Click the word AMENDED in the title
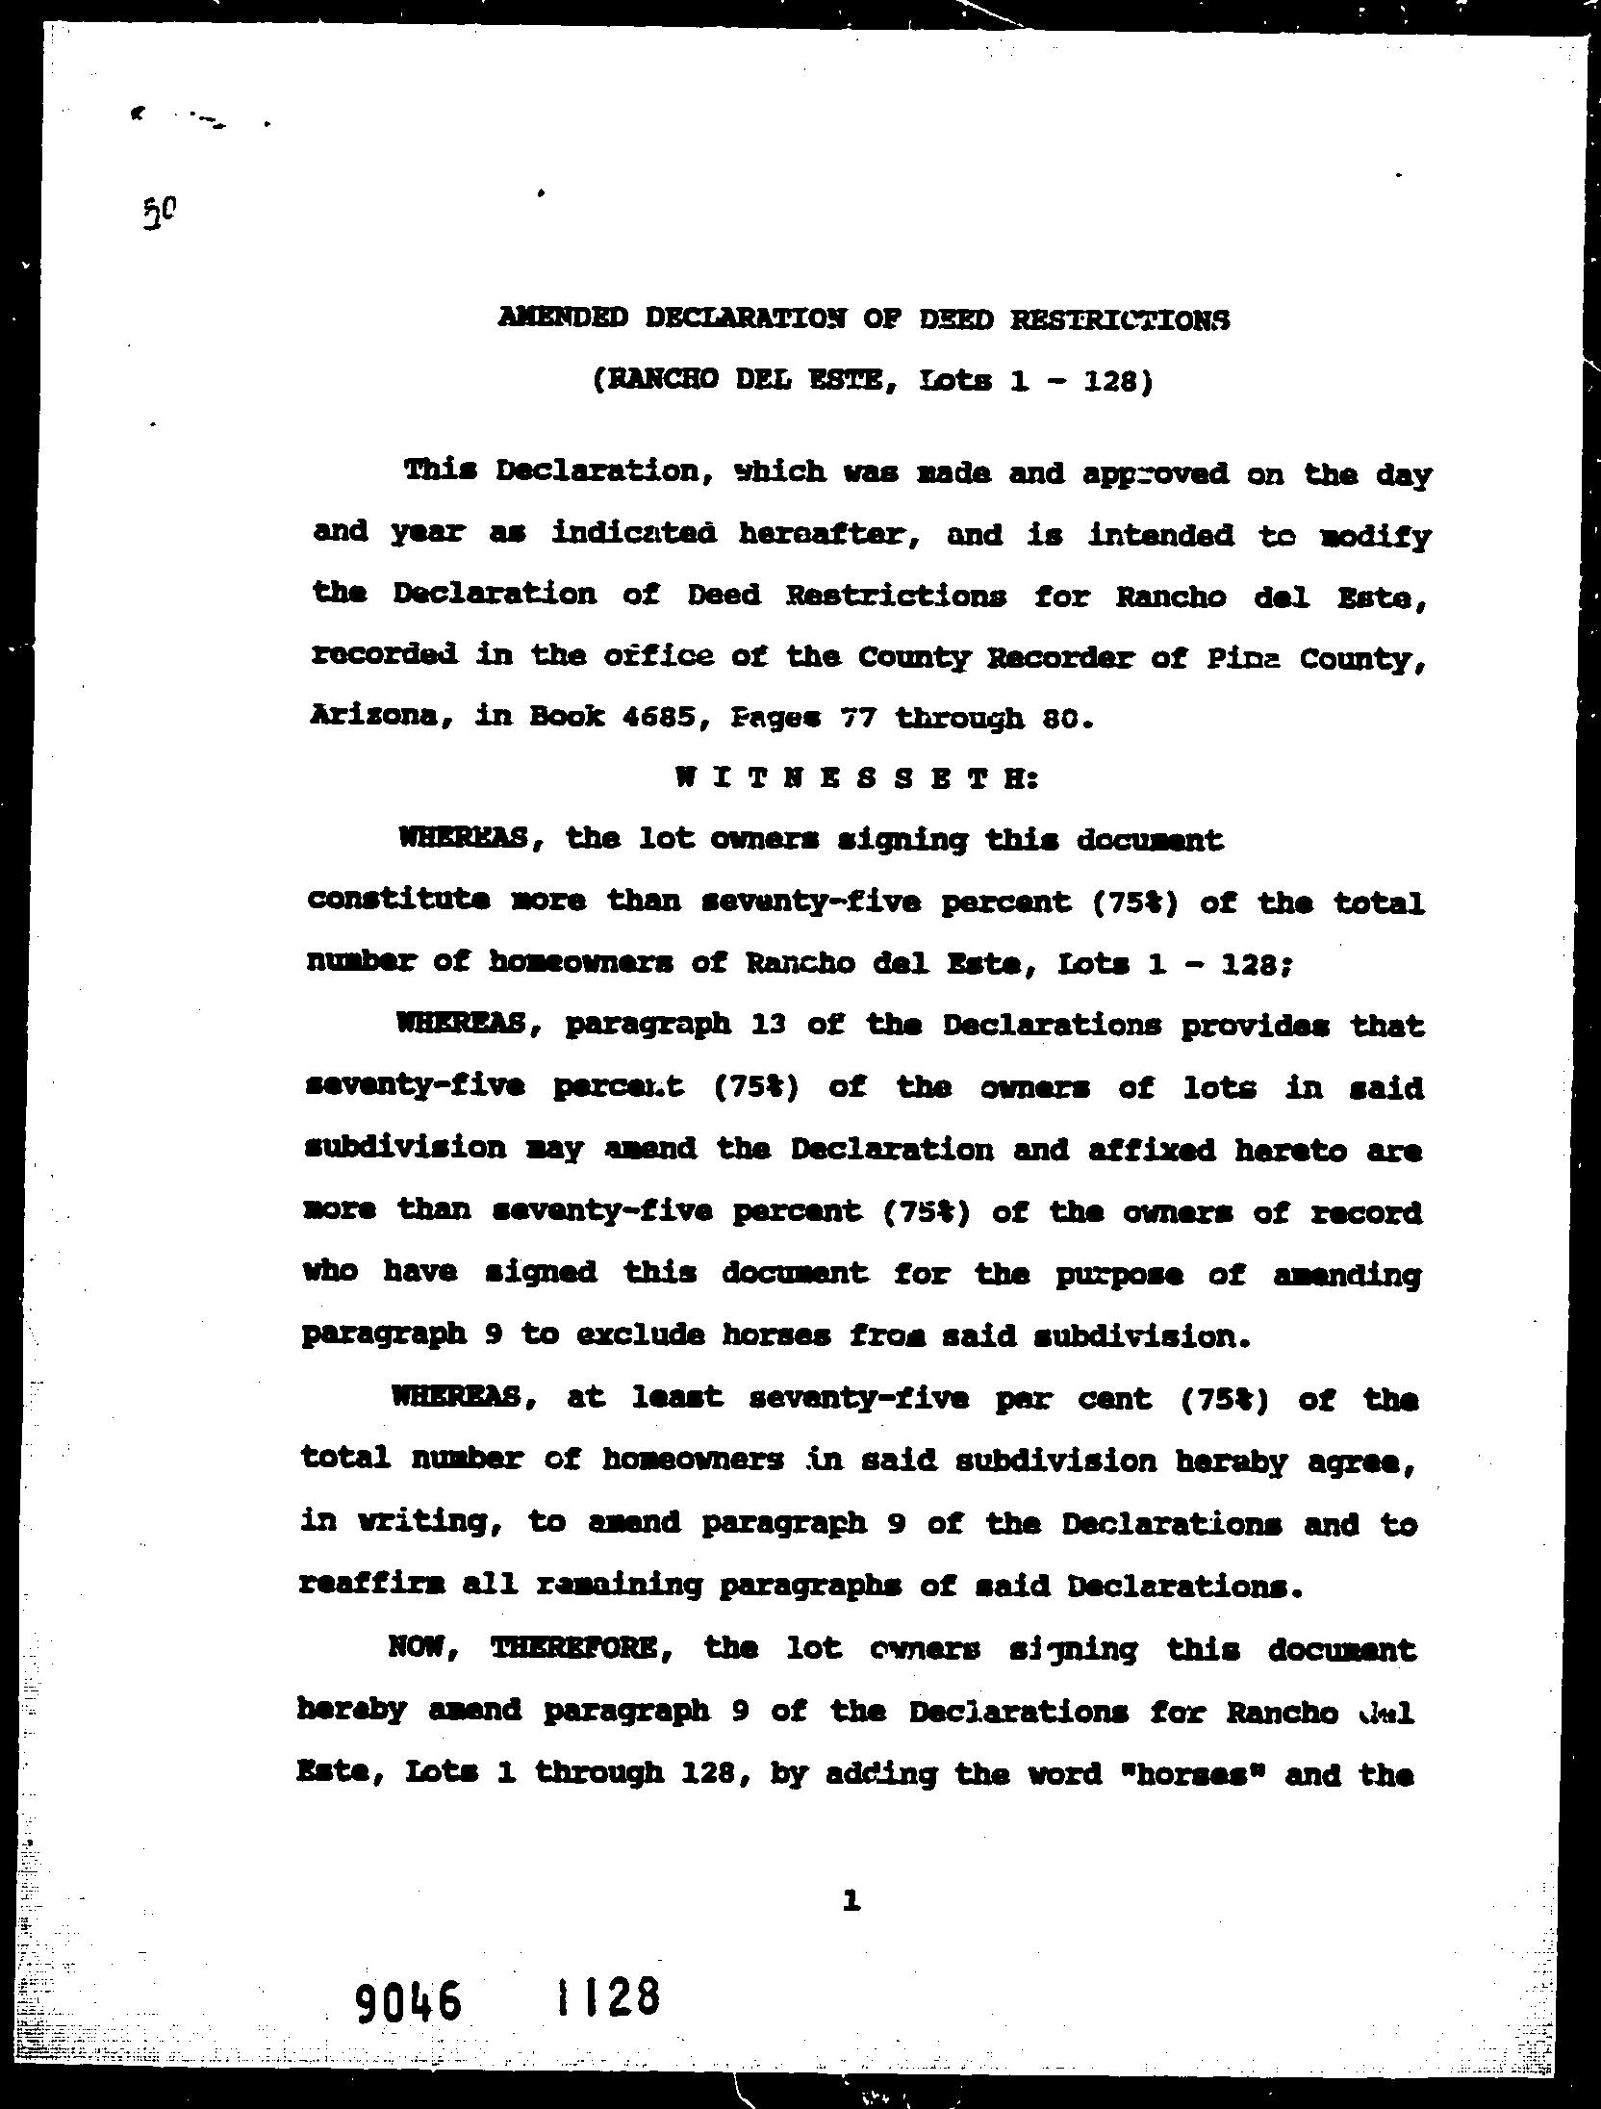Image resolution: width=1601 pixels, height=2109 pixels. pyautogui.click(x=563, y=318)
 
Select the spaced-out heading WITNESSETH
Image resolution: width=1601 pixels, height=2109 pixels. pyautogui.click(x=857, y=778)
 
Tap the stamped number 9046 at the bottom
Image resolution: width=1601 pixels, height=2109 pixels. pyautogui.click(x=408, y=2001)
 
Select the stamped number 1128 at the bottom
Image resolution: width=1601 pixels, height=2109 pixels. pyautogui.click(x=607, y=1996)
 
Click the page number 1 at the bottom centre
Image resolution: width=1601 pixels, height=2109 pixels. pyautogui.click(x=850, y=1899)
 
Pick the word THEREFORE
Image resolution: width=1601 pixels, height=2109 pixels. pyautogui.click(x=574, y=1649)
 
